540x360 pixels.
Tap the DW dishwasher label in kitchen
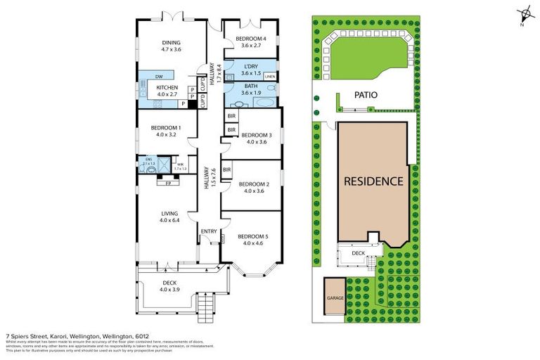(161, 77)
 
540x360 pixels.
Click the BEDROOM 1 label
(167, 128)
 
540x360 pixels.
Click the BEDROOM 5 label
(251, 236)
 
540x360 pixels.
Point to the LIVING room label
(168, 213)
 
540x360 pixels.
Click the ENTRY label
(209, 231)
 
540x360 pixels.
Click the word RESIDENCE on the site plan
(373, 181)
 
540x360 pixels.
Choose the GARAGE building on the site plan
(334, 298)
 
